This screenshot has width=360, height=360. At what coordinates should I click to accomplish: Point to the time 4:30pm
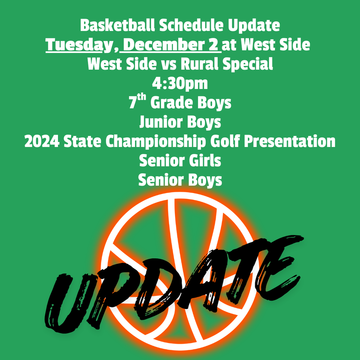click(x=180, y=84)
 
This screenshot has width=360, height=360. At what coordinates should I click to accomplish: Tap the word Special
click(x=253, y=65)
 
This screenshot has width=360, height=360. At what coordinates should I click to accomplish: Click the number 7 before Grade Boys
click(x=133, y=103)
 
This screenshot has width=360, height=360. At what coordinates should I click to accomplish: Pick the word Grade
click(x=172, y=103)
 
